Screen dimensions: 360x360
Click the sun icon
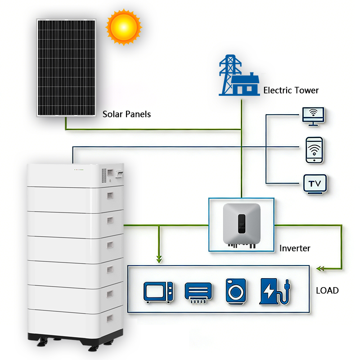click(124, 27)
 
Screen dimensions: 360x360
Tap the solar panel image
click(66, 68)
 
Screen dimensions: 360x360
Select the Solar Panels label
click(126, 114)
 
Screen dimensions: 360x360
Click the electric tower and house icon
click(239, 75)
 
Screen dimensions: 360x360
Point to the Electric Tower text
click(291, 90)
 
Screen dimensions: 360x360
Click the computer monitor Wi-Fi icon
click(313, 117)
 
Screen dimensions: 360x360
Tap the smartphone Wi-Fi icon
click(314, 150)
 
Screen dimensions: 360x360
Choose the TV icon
click(315, 184)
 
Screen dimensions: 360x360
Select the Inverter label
click(295, 248)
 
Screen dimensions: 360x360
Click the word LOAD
click(327, 290)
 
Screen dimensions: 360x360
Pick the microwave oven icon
click(158, 292)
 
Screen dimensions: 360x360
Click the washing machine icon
click(236, 292)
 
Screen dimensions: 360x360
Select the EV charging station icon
click(275, 291)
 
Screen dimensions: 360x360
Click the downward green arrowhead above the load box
click(159, 260)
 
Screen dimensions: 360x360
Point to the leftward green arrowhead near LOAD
click(320, 268)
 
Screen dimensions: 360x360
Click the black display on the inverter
click(242, 224)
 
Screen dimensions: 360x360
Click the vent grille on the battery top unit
click(104, 175)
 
